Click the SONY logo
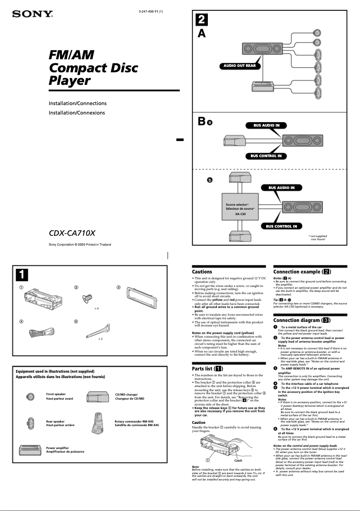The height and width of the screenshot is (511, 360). [32, 15]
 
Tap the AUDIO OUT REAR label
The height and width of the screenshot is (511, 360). [240, 66]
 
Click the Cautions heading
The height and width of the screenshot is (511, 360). [202, 272]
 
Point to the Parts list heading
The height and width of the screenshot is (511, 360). [208, 369]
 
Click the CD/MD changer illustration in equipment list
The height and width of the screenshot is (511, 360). [97, 396]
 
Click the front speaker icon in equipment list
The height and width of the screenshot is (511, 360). [30, 397]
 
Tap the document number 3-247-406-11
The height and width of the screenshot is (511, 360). [150, 11]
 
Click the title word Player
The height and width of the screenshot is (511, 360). [70, 81]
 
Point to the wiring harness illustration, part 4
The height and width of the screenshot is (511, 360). [35, 333]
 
